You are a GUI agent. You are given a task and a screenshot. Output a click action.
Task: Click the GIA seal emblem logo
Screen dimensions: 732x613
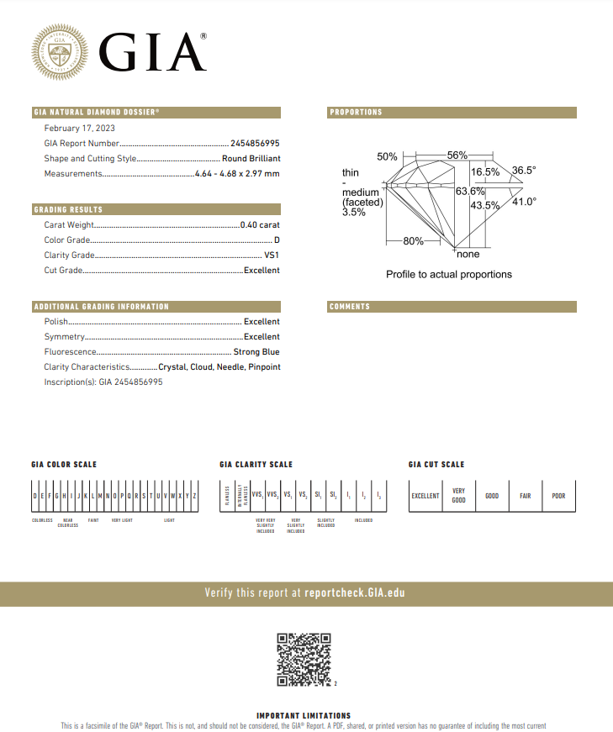[x=59, y=52]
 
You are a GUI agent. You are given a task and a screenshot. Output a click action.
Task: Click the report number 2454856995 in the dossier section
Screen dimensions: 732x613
[x=255, y=144]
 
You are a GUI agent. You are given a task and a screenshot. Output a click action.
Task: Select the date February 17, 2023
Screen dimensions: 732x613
[x=80, y=128]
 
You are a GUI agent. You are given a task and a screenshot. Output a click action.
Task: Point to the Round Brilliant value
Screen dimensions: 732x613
[x=251, y=158]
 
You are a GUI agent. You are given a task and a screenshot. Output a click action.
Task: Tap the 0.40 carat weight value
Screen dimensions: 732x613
[x=260, y=225]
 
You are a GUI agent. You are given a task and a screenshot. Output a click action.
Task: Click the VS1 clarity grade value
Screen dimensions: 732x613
[x=272, y=255]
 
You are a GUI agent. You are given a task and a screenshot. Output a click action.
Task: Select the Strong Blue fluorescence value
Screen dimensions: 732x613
[x=256, y=352]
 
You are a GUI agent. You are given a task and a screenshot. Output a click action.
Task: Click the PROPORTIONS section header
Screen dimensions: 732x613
[x=356, y=113]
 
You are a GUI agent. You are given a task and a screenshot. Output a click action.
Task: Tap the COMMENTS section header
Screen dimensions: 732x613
[x=350, y=307]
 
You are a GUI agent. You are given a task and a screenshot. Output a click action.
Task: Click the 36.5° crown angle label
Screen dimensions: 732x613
[x=524, y=171]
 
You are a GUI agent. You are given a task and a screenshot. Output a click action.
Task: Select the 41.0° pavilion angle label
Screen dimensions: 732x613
[x=524, y=202]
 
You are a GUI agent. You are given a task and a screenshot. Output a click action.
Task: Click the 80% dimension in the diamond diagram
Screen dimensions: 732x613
[x=413, y=241]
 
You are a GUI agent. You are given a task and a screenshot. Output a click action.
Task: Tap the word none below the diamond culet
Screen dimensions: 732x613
[x=468, y=254]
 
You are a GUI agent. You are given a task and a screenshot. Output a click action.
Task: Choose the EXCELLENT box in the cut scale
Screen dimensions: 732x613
[x=425, y=496]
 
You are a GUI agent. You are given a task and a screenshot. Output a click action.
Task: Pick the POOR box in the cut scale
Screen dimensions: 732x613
[x=558, y=496]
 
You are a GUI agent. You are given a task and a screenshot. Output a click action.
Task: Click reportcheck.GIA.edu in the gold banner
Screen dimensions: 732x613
[x=354, y=593]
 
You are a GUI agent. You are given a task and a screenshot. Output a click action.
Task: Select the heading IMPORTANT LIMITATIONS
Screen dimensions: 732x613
[x=304, y=716]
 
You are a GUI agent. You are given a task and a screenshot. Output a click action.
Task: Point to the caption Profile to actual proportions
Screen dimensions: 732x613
[x=448, y=275]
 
